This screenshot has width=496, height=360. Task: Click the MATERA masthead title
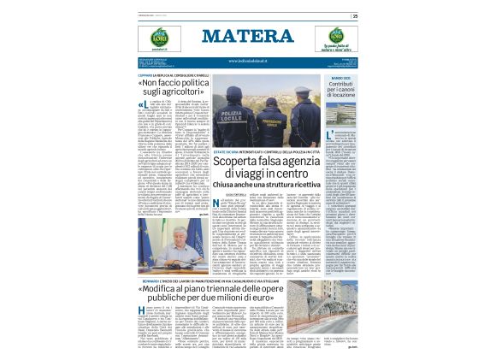(248, 36)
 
